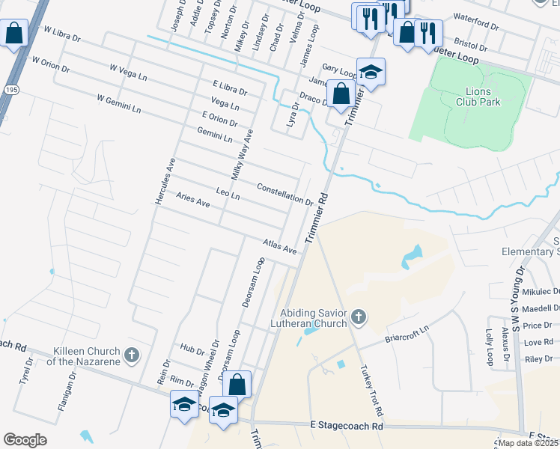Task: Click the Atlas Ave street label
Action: pos(280,247)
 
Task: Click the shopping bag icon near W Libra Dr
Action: pos(14,34)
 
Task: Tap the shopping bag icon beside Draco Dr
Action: pos(341,94)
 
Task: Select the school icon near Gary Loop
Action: pos(371,72)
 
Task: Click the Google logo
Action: pos(25,440)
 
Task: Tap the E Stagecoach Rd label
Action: pos(346,426)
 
